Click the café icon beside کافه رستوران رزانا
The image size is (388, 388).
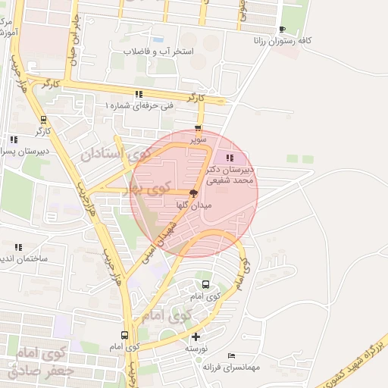click(283, 29)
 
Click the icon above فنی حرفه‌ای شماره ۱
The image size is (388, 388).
click(138, 95)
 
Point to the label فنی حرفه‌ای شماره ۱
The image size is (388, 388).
click(139, 105)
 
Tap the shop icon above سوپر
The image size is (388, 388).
click(199, 129)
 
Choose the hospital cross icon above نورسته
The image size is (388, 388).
click(196, 336)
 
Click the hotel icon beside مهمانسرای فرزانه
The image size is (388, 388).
click(231, 355)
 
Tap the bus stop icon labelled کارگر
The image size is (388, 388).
click(42, 119)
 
